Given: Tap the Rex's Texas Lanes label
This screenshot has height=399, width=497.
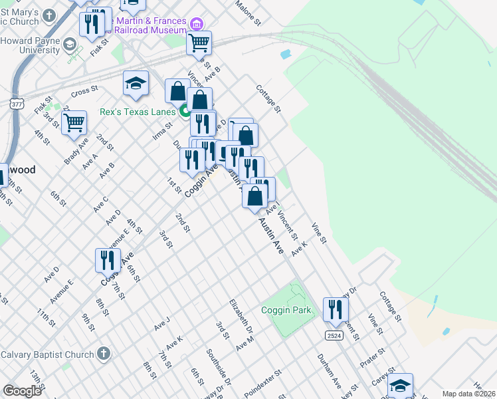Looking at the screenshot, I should tap(138, 112).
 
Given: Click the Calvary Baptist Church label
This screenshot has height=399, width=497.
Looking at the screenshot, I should tap(47, 354).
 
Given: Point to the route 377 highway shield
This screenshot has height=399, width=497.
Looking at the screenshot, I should tap(17, 104).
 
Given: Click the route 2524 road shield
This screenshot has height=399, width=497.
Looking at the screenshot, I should tap(334, 336).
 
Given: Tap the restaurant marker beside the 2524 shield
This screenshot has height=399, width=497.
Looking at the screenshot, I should tap(336, 309).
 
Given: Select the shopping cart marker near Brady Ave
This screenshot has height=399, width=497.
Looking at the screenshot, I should tap(74, 122).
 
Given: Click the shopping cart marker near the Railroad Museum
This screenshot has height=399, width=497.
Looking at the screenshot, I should tap(199, 43).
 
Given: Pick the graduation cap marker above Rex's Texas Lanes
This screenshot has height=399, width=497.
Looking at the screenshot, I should tap(136, 83).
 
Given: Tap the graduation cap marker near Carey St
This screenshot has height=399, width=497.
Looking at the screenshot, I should tap(400, 385).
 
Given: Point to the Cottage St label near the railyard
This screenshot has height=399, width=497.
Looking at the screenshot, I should tap(269, 98).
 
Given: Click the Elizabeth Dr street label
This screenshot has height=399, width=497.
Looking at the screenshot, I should tap(241, 316).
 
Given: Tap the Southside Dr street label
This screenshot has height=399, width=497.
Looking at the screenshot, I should tap(219, 367).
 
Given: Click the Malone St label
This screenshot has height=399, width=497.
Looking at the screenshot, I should tap(247, 11).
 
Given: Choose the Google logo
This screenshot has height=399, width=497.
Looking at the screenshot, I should tap(22, 391).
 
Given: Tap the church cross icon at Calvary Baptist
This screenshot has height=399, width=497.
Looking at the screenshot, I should tap(103, 353).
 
